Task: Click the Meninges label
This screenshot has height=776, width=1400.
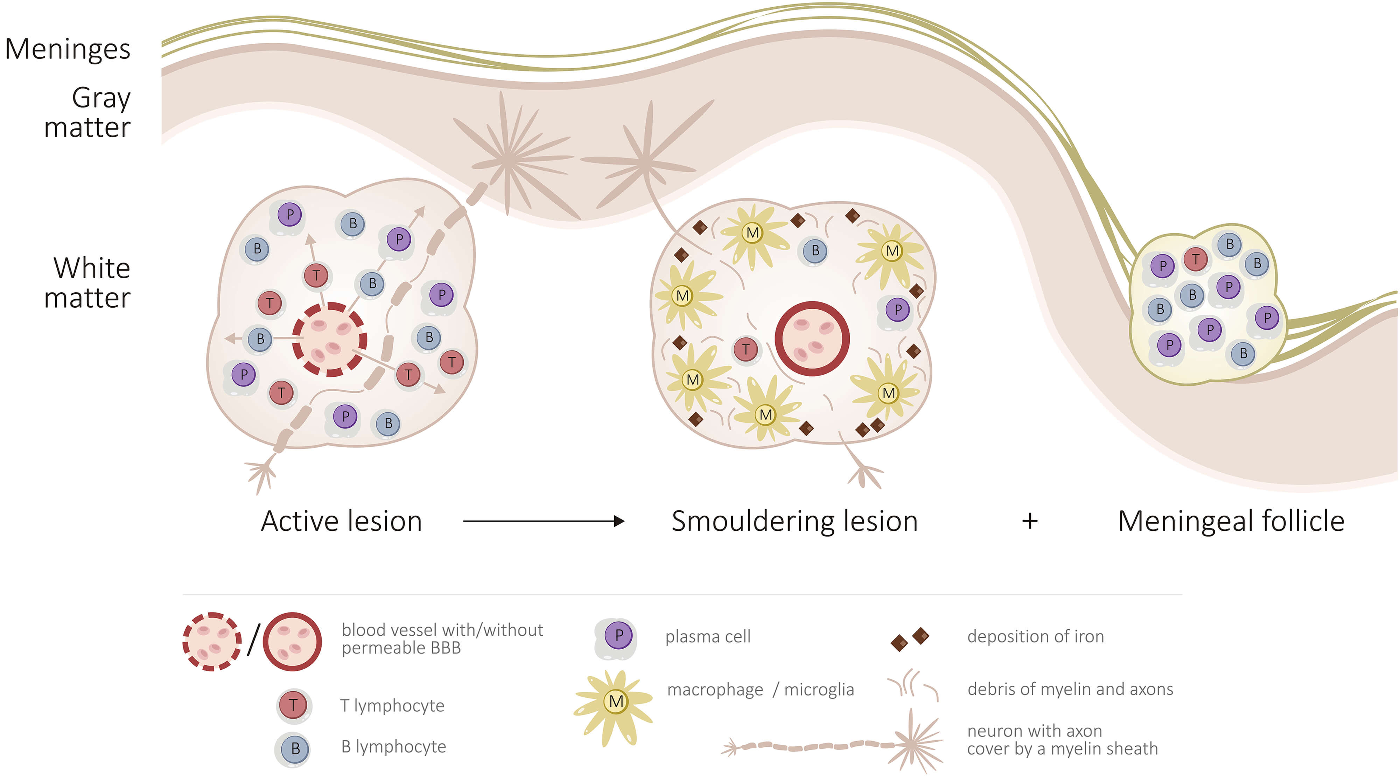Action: click(x=68, y=49)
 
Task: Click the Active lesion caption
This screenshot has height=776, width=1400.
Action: click(x=341, y=521)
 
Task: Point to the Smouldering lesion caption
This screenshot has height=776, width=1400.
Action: click(x=794, y=521)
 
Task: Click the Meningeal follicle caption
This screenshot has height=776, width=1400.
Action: click(x=1231, y=521)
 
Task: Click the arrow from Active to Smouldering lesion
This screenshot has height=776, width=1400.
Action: click(x=544, y=521)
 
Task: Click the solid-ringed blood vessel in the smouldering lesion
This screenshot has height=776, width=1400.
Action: click(x=812, y=338)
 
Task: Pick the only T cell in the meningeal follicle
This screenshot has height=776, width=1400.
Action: click(x=1196, y=259)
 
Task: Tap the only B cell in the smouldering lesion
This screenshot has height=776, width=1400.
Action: click(x=815, y=251)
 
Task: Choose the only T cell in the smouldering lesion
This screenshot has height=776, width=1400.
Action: click(x=745, y=349)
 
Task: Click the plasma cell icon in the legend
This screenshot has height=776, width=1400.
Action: click(x=618, y=636)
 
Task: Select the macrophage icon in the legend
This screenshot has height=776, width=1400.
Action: click(x=616, y=701)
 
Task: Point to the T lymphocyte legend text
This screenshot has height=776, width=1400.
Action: click(x=392, y=705)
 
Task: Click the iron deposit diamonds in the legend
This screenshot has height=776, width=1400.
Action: click(x=910, y=638)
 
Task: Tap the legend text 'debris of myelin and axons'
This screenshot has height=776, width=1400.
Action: click(x=1070, y=689)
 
